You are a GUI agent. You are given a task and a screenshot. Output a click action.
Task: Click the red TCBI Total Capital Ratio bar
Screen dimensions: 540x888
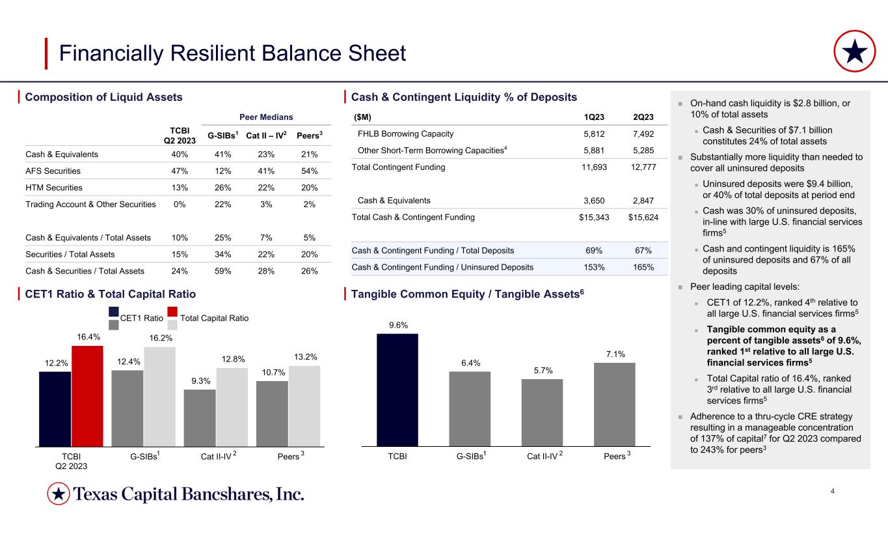(x=87, y=395)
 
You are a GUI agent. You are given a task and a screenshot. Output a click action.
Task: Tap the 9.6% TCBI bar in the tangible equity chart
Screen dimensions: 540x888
(x=397, y=390)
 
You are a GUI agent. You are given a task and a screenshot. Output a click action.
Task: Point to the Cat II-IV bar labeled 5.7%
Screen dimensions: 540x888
(x=542, y=412)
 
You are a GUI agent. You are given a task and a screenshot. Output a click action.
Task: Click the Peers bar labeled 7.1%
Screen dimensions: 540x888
(x=614, y=404)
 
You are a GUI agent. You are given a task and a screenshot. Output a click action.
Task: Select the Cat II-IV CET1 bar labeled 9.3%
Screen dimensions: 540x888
(x=200, y=418)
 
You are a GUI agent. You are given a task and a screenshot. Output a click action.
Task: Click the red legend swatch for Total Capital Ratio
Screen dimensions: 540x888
(x=173, y=311)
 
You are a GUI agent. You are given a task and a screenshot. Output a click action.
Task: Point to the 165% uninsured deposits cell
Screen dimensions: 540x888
(x=642, y=266)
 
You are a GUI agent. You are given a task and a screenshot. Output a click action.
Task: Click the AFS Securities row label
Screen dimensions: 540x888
(x=53, y=171)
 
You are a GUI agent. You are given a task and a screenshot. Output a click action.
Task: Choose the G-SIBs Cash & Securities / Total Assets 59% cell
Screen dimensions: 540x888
(x=222, y=270)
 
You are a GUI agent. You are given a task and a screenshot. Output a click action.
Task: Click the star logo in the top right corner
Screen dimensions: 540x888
(x=854, y=53)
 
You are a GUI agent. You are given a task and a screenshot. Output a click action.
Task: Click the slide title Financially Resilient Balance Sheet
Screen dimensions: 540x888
(x=232, y=53)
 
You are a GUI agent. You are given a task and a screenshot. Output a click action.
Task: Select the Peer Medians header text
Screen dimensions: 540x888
(x=267, y=117)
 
